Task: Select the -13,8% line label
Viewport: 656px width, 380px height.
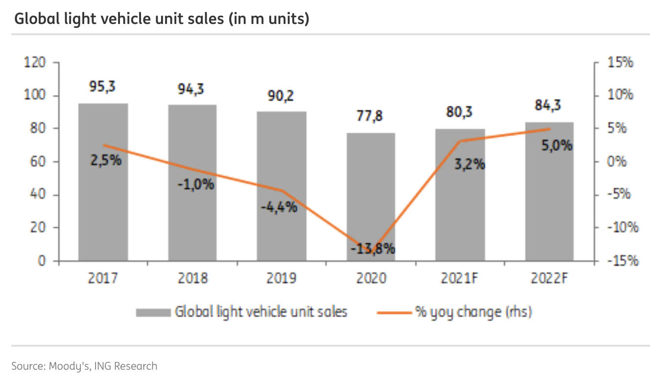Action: [x=373, y=249]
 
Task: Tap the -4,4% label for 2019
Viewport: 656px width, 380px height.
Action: [x=279, y=207]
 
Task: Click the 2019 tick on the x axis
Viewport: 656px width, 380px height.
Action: [x=281, y=279]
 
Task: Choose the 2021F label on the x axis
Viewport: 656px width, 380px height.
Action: [x=460, y=279]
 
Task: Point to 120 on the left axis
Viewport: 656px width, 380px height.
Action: [x=36, y=63]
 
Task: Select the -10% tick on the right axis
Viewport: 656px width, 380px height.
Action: [x=622, y=228]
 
